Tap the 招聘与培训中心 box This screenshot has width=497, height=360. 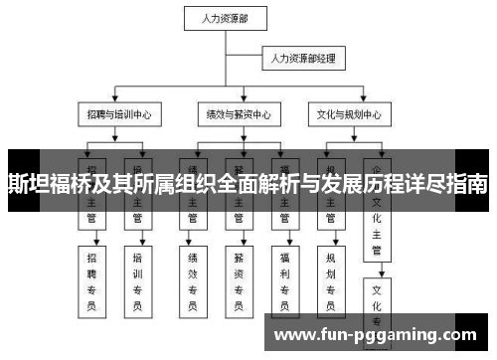click(118, 114)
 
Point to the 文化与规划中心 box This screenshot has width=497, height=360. click(345, 114)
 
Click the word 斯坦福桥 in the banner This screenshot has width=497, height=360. click(46, 185)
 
